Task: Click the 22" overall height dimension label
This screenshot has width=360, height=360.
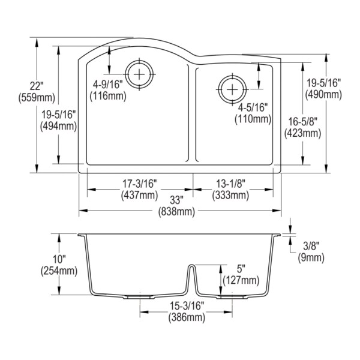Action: pos(37,86)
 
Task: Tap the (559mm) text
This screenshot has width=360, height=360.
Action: pos(37,98)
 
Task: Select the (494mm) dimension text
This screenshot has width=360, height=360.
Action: pos(59,126)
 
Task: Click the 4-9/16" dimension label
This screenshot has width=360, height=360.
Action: pos(107,85)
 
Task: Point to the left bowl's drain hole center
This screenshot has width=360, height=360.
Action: pos(140,74)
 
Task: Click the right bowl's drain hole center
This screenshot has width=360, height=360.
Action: pos(233,89)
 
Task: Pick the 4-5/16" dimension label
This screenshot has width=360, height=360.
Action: pos(253,107)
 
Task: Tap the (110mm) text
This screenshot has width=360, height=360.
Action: pos(253,119)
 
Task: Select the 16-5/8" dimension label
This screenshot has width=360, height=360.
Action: pos(303,121)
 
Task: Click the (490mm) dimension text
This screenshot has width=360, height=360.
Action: pos(324,94)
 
